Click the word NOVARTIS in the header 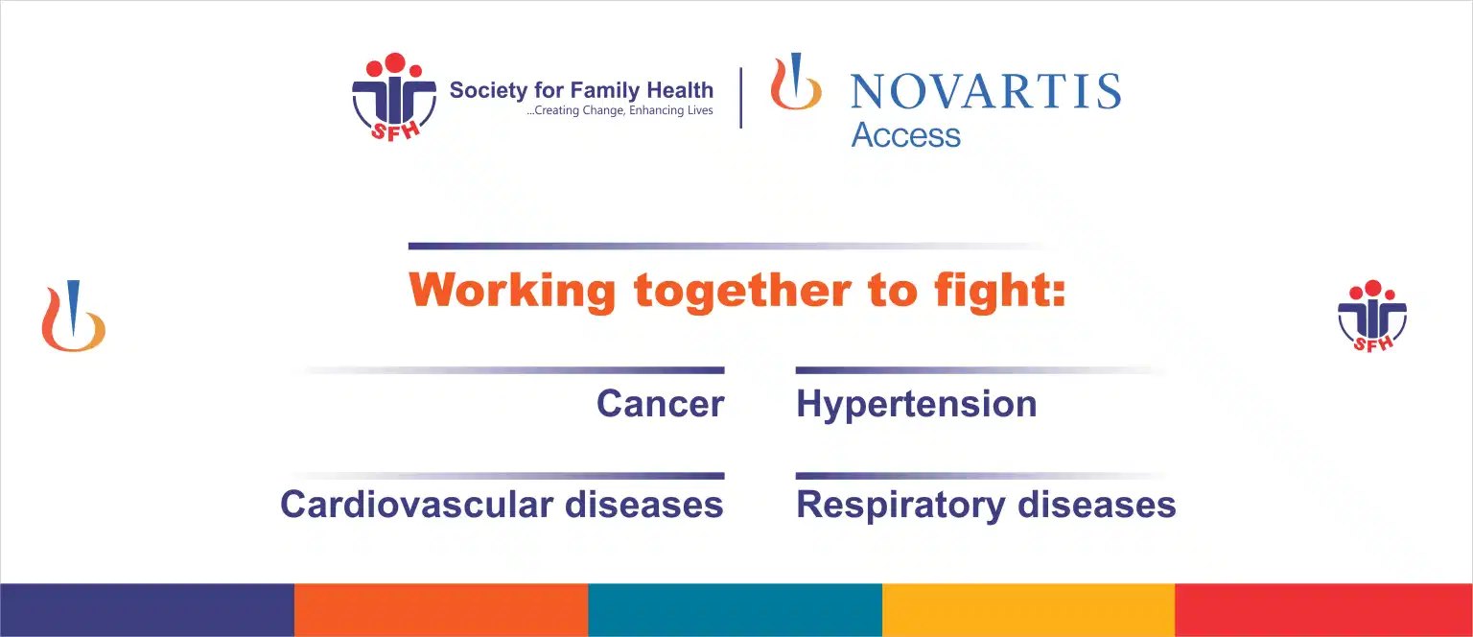pyautogui.click(x=986, y=91)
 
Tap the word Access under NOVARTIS pyautogui.click(x=905, y=135)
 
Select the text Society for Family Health pyautogui.click(x=581, y=90)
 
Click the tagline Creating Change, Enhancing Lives pyautogui.click(x=620, y=110)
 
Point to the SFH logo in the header pyautogui.click(x=394, y=97)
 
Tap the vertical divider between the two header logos pyautogui.click(x=741, y=98)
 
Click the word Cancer pyautogui.click(x=660, y=403)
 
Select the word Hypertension pyautogui.click(x=917, y=405)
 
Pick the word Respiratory pyautogui.click(x=900, y=506)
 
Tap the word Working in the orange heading pyautogui.click(x=512, y=290)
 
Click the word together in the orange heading pyautogui.click(x=742, y=291)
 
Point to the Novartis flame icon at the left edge pyautogui.click(x=73, y=316)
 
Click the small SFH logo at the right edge pyautogui.click(x=1372, y=316)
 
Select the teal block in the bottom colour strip pyautogui.click(x=736, y=610)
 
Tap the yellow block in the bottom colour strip pyautogui.click(x=1028, y=610)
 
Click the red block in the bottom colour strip pyautogui.click(x=1323, y=610)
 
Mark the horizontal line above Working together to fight pyautogui.click(x=730, y=247)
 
